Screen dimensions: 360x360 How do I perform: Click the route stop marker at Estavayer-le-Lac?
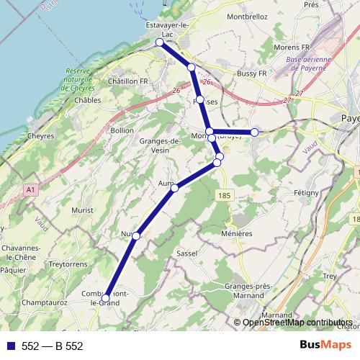pyautogui.click(x=160, y=42)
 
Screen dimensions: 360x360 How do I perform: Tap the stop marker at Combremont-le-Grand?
pyautogui.click(x=106, y=297)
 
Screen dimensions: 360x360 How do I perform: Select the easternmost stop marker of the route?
pyautogui.click(x=254, y=132)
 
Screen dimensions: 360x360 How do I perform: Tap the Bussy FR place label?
pyautogui.click(x=251, y=73)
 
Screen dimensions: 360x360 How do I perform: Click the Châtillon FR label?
pyautogui.click(x=127, y=82)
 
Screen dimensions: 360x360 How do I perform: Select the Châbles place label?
pyautogui.click(x=87, y=100)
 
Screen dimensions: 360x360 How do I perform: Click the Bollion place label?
pyautogui.click(x=122, y=130)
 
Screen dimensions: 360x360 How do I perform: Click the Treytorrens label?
pyautogui.click(x=70, y=264)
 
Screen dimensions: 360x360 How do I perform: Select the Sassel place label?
pyautogui.click(x=186, y=254)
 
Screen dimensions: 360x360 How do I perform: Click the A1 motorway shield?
pyautogui.click(x=30, y=189)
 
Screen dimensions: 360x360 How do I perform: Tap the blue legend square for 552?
pyautogui.click(x=10, y=346)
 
